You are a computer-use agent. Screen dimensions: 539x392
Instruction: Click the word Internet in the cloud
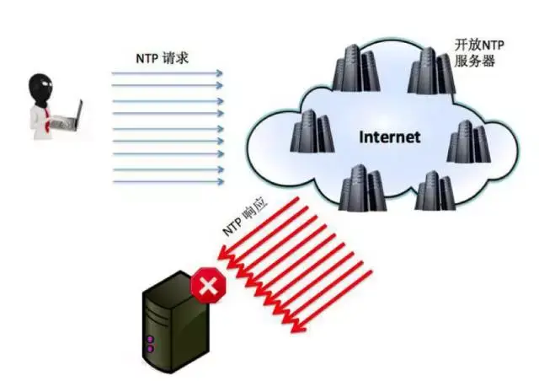[389, 137]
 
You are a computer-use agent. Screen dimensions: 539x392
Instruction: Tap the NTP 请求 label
[163, 58]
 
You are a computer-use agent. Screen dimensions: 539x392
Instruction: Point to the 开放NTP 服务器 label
[479, 52]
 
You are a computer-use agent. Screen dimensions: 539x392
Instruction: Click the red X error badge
[208, 285]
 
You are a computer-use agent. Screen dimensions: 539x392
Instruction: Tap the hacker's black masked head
[40, 89]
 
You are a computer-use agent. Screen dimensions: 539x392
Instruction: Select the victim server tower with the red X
[175, 322]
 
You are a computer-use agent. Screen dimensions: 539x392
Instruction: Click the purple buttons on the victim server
[150, 345]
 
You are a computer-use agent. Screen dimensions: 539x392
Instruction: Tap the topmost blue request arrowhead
[219, 73]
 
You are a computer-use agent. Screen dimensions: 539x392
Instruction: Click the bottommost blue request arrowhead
[220, 181]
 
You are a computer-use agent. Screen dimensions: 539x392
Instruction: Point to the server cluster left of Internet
[312, 132]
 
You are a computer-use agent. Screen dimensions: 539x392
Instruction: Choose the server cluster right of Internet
[468, 142]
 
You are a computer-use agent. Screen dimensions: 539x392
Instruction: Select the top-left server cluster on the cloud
[355, 68]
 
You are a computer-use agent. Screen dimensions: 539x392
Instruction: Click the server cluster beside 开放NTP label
[431, 71]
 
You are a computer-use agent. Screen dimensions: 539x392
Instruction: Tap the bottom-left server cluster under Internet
[362, 188]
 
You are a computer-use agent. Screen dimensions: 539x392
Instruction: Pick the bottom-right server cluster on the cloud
[435, 191]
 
